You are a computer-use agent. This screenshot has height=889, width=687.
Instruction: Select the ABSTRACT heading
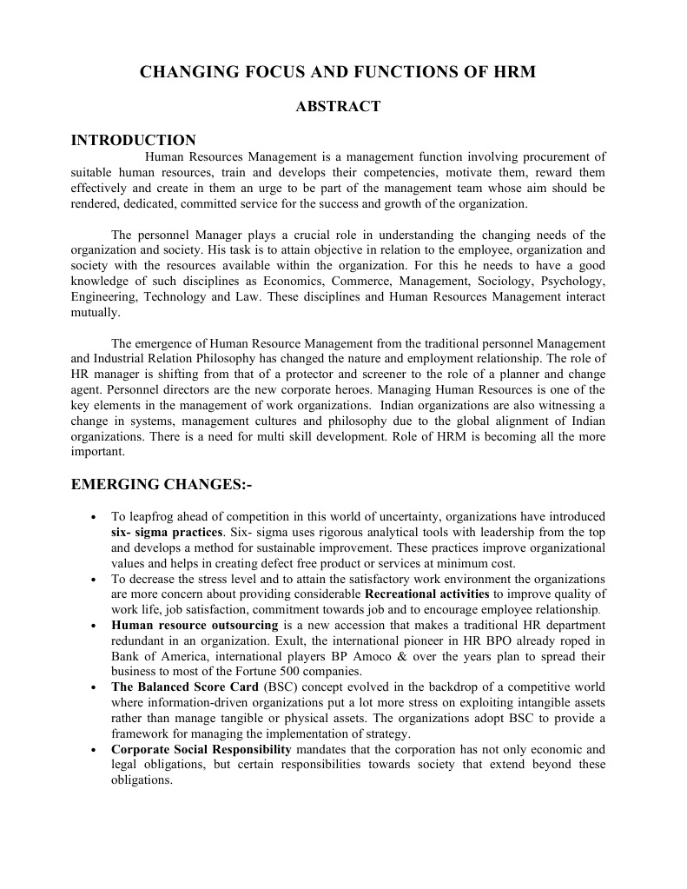pos(338,107)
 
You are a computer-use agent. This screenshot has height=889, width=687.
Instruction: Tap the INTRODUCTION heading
pos(133,140)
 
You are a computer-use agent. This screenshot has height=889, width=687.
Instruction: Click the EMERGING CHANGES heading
pos(161,484)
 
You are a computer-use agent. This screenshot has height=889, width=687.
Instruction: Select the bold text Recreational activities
pos(427,594)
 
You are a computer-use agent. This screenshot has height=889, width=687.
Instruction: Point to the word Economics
pos(302,282)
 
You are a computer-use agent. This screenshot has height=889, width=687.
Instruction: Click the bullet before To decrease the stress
pos(93,579)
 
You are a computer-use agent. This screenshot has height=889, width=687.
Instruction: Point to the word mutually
pos(95,313)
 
